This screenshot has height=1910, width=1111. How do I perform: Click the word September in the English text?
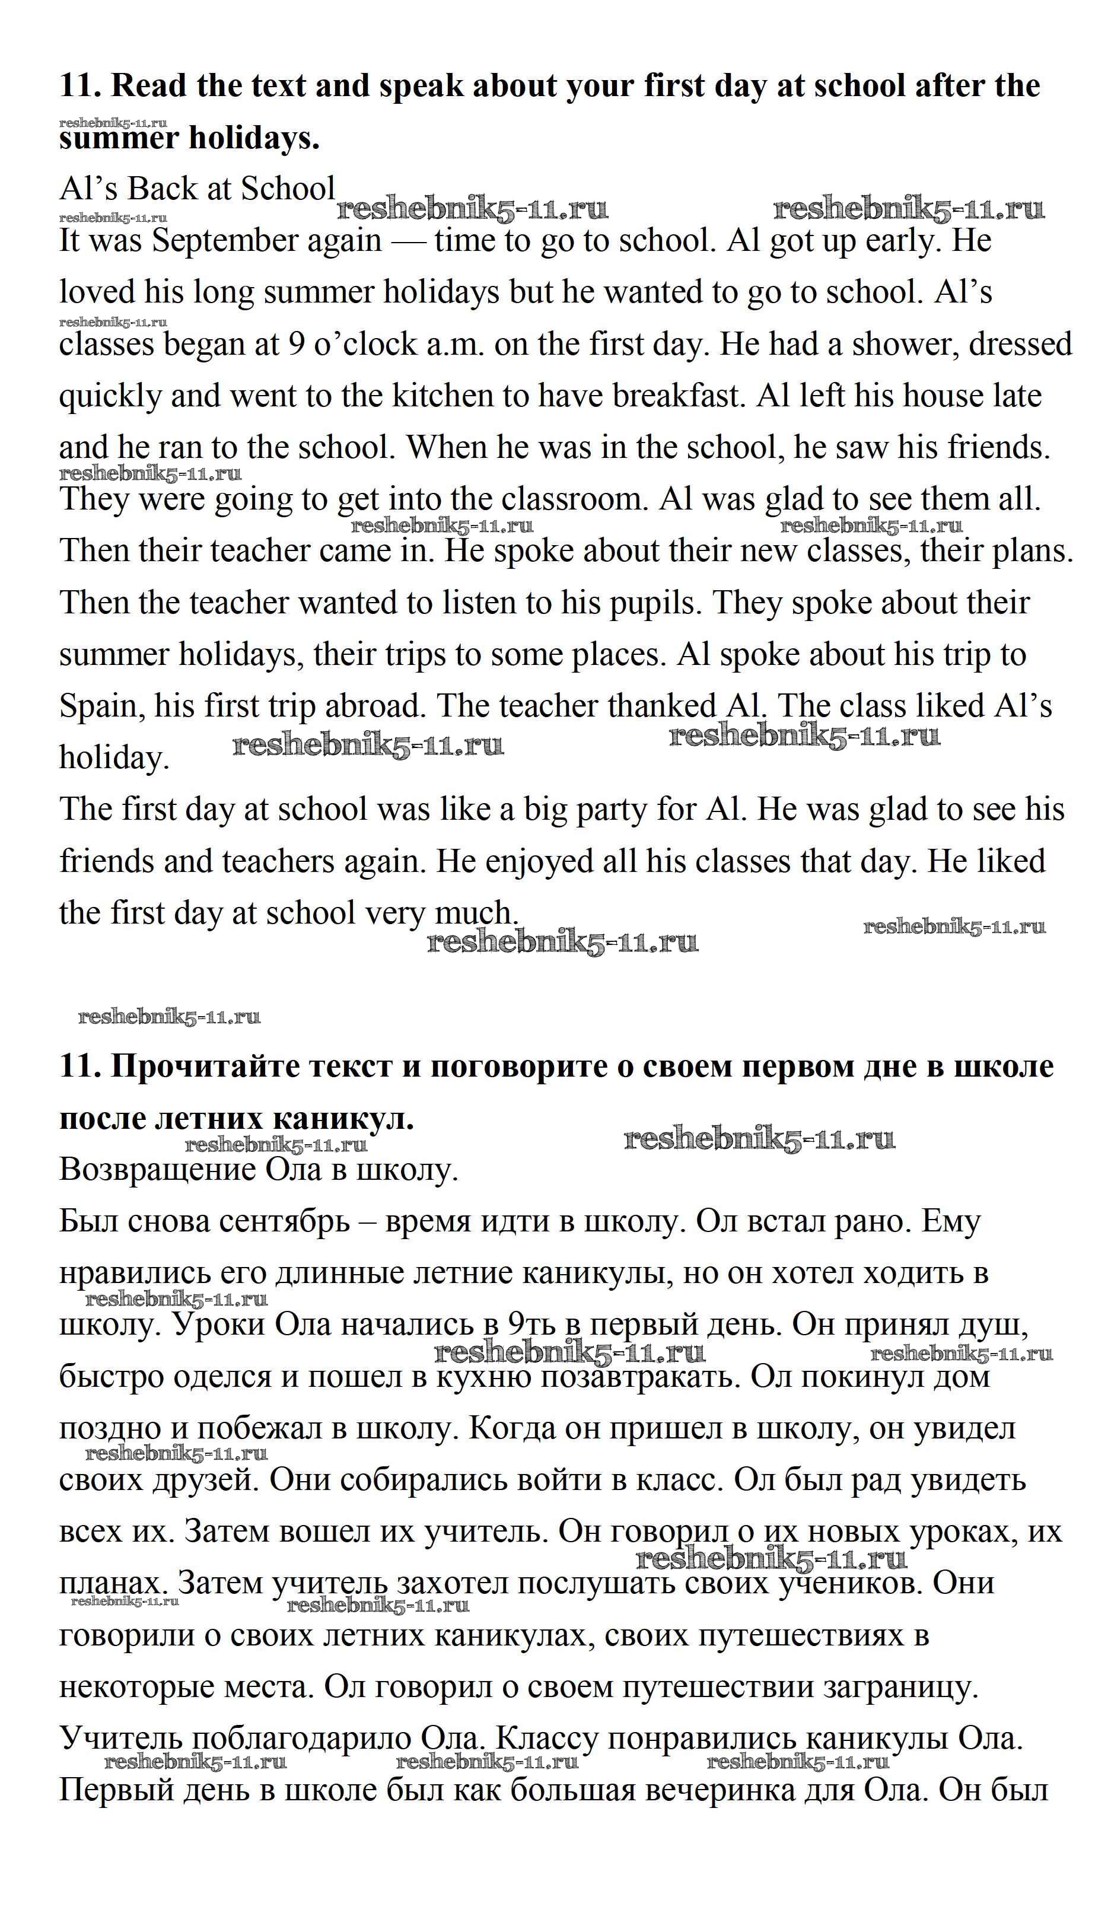[x=267, y=241]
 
